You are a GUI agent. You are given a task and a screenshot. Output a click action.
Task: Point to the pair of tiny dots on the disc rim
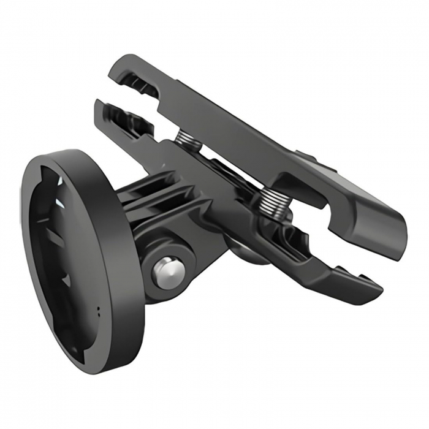coord(98,312)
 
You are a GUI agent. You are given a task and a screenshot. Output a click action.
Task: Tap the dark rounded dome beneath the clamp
coord(245,248)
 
